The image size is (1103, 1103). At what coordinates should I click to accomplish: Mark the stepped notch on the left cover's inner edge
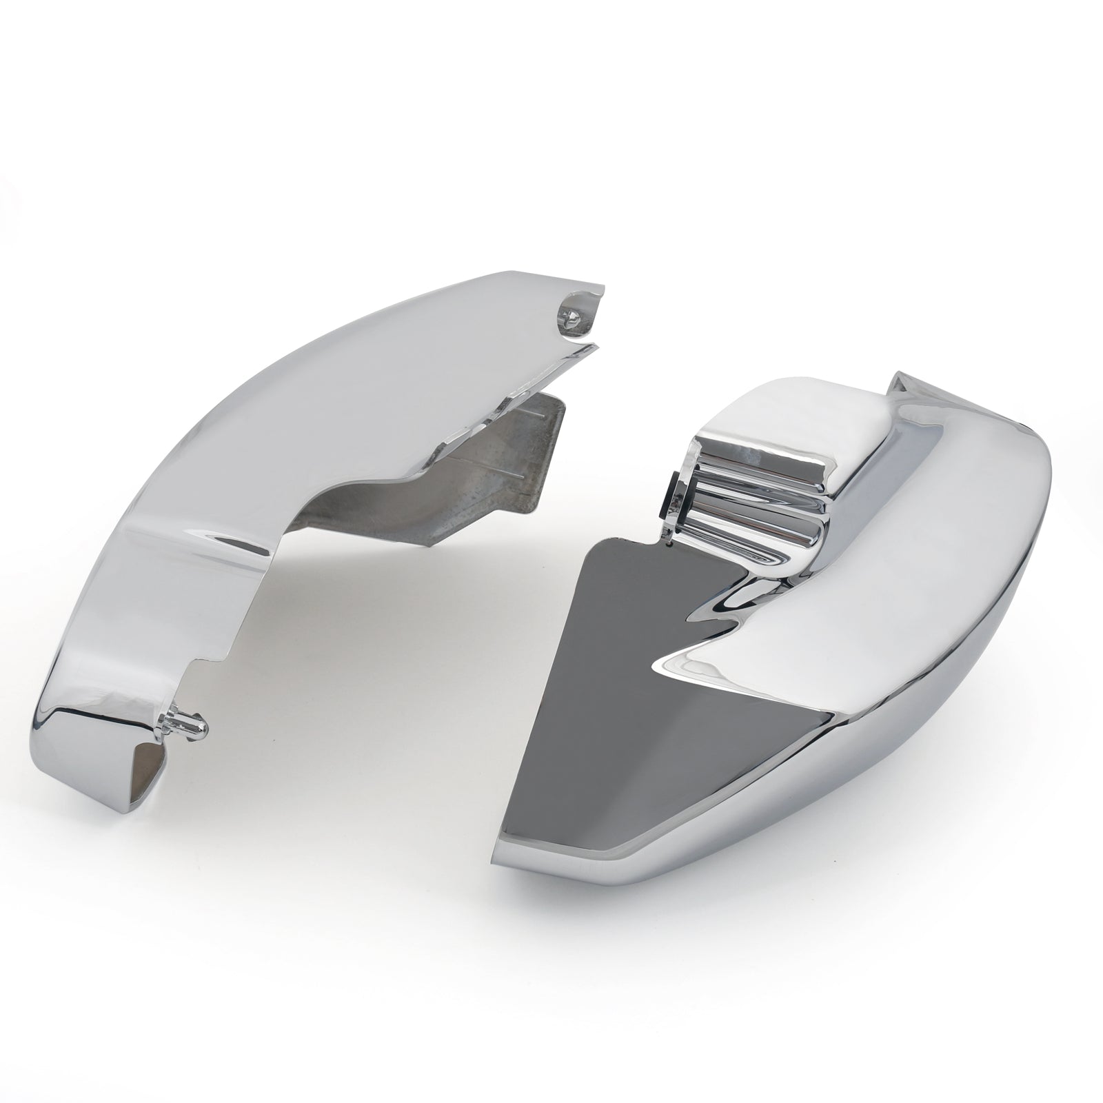(210, 655)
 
